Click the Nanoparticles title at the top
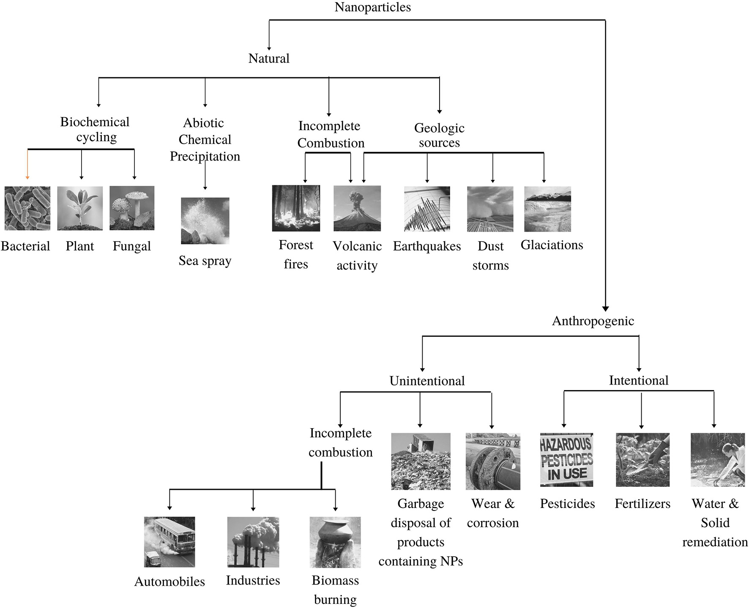point(372,7)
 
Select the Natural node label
point(269,58)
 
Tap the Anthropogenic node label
point(593,321)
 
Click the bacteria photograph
point(27,208)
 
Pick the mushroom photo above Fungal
point(132,208)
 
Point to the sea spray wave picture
point(205,221)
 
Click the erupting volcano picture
point(357,208)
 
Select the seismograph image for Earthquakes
point(427,209)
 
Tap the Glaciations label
point(552,245)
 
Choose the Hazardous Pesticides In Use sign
point(566,460)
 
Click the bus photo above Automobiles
point(169,542)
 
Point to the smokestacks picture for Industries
point(253,542)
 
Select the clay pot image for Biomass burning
point(335,542)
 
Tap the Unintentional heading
point(427,381)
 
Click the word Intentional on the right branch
point(638,381)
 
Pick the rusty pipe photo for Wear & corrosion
point(493,461)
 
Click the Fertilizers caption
point(642,504)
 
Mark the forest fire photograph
point(296,208)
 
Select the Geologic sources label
point(439,135)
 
